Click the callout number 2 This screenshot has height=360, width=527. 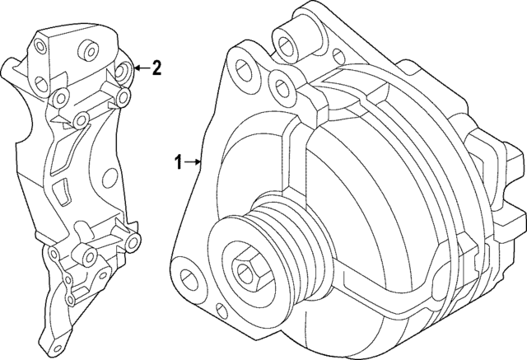156,68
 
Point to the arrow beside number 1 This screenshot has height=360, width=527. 194,161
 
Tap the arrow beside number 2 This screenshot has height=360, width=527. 140,68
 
